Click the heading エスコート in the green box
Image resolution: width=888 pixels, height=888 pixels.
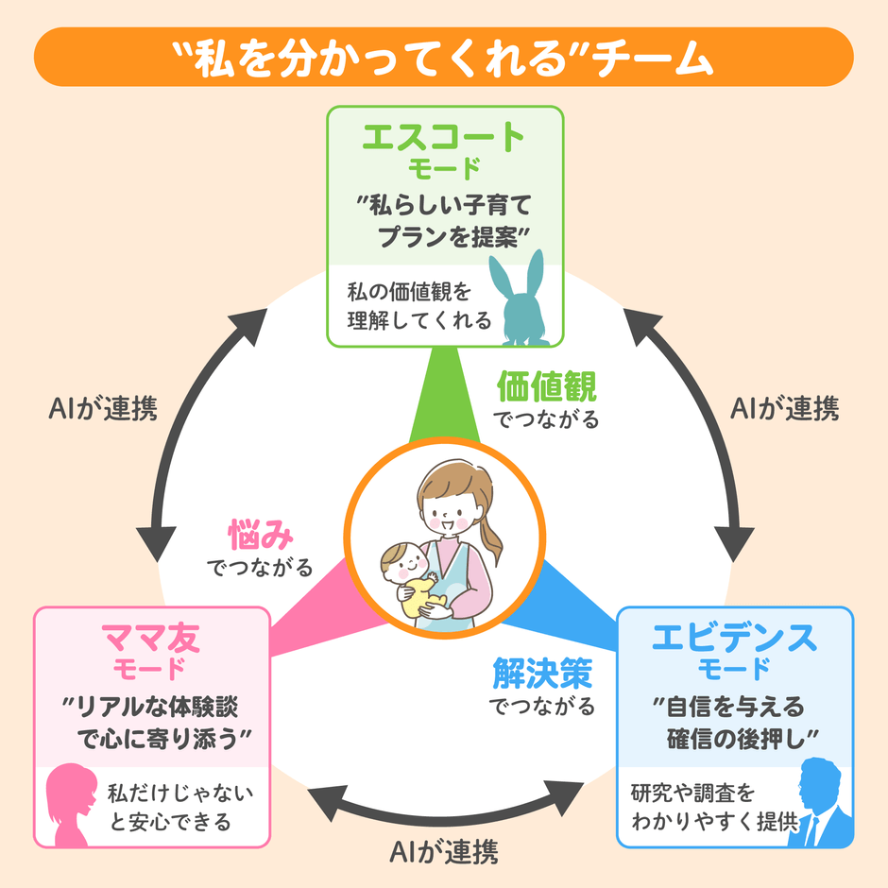pos(443,139)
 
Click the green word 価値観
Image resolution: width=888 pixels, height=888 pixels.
pos(547,386)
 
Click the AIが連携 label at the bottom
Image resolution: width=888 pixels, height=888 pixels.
pos(444,852)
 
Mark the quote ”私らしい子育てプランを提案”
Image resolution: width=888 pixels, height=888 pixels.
pos(444,219)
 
